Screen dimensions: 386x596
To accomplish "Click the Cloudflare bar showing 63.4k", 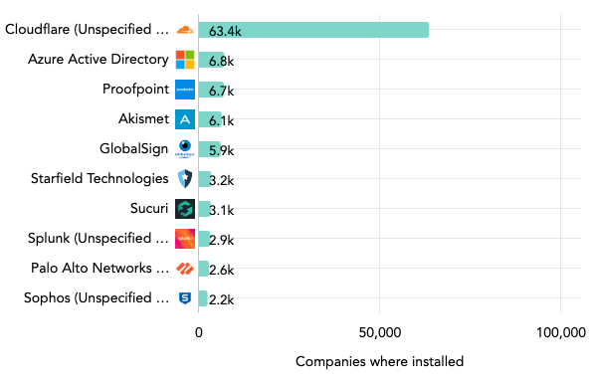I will click(313, 30).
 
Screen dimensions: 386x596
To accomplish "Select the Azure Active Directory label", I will click(99, 60).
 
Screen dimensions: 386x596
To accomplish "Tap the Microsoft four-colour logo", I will click(185, 60).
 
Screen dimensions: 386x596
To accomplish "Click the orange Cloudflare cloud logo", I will click(185, 30).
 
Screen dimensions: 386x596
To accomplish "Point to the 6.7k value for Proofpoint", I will click(221, 91).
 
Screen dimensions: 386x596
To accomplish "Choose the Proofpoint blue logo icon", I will click(185, 90).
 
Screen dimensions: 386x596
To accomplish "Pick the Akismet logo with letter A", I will click(185, 119).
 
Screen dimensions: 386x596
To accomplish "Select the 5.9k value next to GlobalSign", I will click(221, 150).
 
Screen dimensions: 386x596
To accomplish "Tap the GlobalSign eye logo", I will click(185, 149).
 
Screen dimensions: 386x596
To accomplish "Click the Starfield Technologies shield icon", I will click(185, 179).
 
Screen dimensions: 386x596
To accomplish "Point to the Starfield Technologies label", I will click(100, 179).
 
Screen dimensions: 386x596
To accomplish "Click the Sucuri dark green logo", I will click(185, 209).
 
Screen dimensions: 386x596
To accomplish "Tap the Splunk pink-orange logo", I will click(185, 239).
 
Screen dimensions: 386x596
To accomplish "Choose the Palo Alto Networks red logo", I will click(185, 269).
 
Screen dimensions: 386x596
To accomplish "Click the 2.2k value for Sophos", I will click(220, 299).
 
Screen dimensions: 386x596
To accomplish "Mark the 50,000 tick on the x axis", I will click(379, 332).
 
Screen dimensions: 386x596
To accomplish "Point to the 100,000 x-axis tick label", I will click(559, 332).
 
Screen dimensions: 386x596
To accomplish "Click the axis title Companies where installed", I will click(379, 362).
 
